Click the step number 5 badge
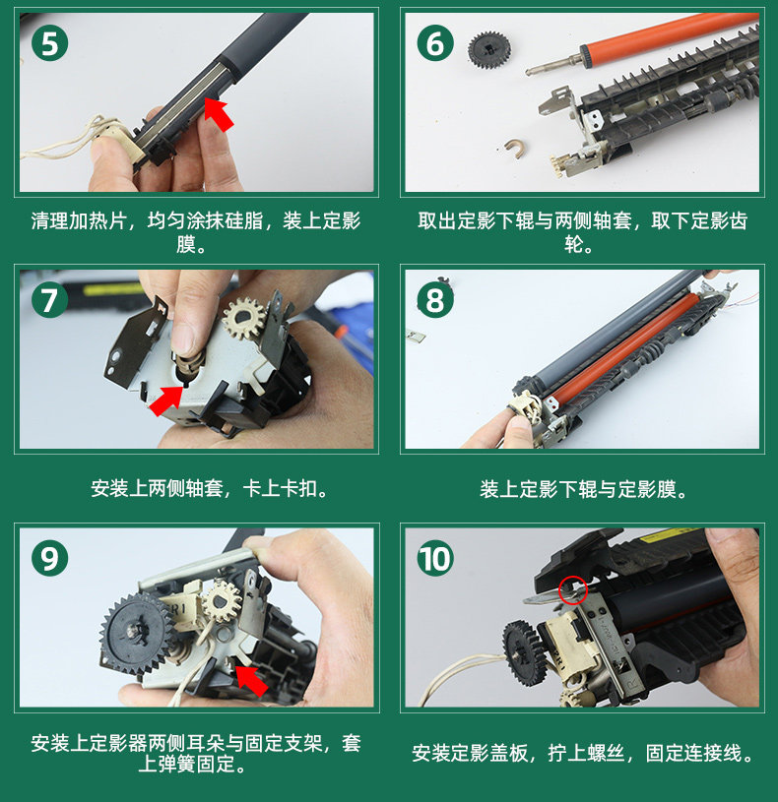(49, 43)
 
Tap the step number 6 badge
(435, 43)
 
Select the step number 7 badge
(49, 300)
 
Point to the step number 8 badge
(435, 300)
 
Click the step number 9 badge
(49, 558)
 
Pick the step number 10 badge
(435, 558)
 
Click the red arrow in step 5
(219, 114)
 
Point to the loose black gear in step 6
(488, 50)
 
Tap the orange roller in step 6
(669, 35)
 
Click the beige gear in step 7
(244, 319)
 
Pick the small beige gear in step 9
(222, 600)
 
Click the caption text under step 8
(583, 489)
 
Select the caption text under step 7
(210, 488)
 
